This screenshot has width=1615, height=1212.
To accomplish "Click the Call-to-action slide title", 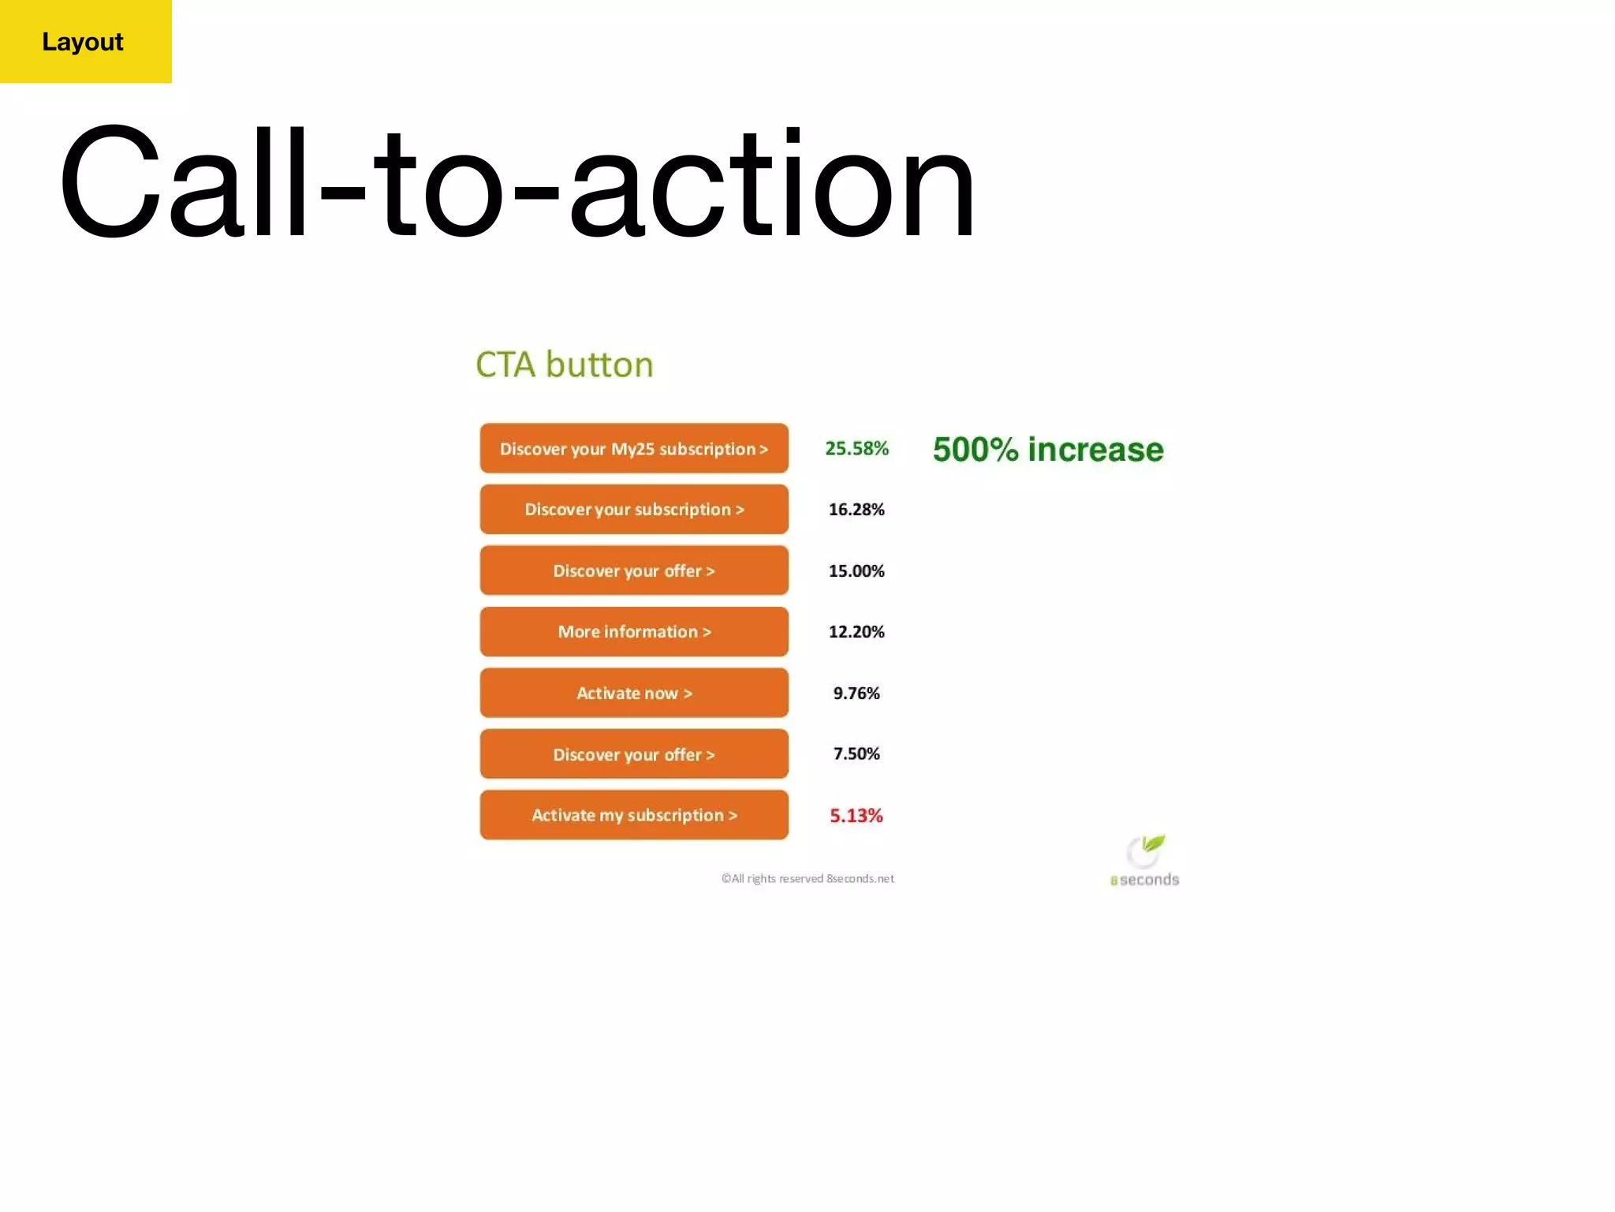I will [517, 183].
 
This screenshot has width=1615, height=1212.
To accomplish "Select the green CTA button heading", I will [565, 365].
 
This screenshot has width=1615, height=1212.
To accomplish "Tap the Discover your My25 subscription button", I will [634, 448].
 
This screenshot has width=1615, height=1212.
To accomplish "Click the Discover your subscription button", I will [634, 510].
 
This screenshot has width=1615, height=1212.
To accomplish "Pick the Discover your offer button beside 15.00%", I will [634, 570].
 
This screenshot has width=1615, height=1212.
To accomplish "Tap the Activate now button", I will [634, 693].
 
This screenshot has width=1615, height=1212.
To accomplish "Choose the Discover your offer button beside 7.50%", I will [634, 754].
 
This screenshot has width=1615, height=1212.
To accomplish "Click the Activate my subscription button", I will [634, 815].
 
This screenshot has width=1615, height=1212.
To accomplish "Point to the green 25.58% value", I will [856, 448].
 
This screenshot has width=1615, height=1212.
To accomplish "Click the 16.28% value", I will [856, 510].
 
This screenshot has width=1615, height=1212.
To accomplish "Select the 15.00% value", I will [856, 570].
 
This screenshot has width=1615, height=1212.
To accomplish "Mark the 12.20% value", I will [856, 632].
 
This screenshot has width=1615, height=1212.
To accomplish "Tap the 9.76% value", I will [856, 693].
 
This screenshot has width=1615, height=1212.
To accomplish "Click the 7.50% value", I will [856, 754].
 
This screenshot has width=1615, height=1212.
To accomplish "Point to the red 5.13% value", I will [856, 815].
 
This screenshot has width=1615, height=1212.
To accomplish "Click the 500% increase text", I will [1048, 450].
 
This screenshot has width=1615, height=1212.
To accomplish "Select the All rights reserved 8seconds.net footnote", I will [807, 878].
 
